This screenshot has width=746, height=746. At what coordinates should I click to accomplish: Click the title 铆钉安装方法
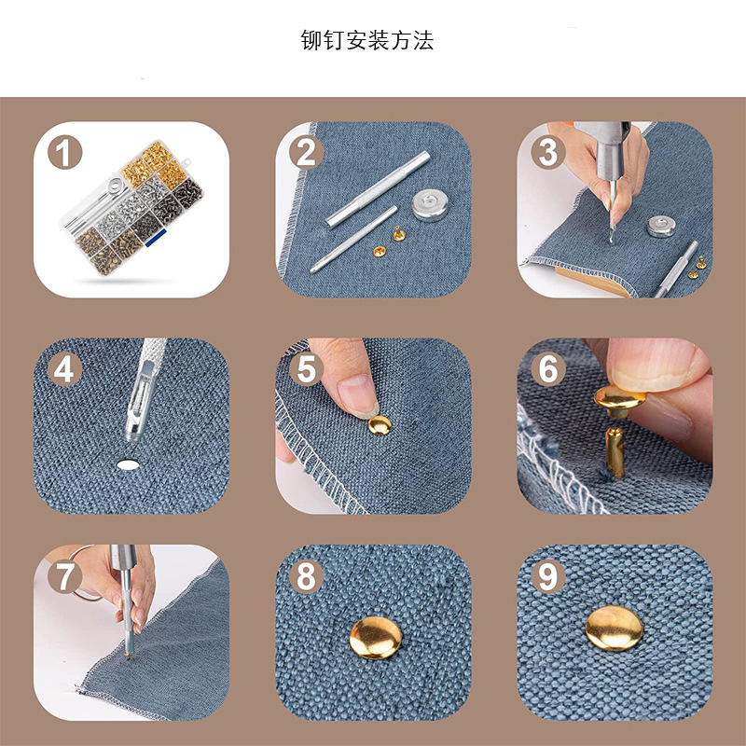coord(366,40)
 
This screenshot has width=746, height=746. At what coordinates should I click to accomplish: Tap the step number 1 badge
coord(64,153)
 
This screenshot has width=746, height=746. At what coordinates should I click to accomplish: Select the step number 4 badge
coord(64,369)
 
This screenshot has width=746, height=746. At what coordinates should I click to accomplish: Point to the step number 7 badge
coord(64,576)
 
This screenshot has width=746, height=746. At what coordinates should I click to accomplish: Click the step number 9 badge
coord(548,576)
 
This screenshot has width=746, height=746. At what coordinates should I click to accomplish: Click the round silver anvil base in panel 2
coord(430,204)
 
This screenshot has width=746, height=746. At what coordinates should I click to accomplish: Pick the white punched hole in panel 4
coord(128,464)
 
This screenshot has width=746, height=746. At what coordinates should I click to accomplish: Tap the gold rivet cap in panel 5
coord(380,425)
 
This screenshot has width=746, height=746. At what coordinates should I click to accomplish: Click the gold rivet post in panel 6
coord(615,452)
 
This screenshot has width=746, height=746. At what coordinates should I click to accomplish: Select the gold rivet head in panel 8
coord(376,638)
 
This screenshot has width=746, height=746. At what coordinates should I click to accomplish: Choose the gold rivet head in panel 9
coord(615,628)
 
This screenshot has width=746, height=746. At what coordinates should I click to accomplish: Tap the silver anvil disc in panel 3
coord(661,226)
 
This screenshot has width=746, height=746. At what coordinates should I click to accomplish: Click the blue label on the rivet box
coord(156,238)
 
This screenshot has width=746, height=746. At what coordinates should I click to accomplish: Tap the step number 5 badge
coord(307,369)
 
